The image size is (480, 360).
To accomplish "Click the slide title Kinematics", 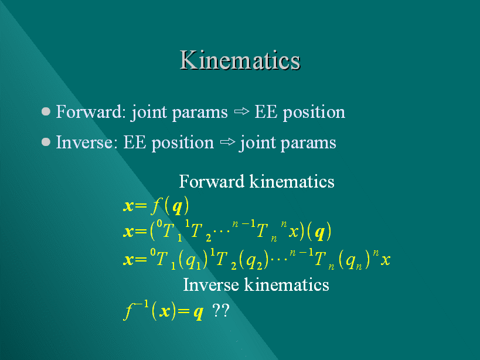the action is click(240, 60).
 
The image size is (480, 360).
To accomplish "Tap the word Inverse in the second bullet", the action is click(84, 142).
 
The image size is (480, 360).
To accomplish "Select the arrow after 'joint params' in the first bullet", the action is click(241, 111).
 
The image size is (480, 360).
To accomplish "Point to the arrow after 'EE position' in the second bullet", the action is click(227, 142).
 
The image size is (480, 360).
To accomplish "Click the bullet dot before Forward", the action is click(46, 111).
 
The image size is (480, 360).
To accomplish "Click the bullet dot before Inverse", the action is click(46, 142).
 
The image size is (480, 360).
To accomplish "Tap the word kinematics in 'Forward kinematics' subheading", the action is click(292, 181).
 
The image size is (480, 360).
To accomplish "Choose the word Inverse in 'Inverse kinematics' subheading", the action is click(211, 285).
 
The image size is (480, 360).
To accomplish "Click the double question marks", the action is click(221, 310).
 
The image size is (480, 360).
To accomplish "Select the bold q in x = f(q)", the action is click(177, 207).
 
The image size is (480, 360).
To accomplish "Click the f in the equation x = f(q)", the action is click(156, 206).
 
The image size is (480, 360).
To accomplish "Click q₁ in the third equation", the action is click(193, 261).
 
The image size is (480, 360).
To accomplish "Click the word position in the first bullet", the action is click(314, 113).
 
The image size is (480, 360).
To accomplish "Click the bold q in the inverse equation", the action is click(198, 313).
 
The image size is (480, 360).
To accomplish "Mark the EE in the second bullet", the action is click(135, 142).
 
